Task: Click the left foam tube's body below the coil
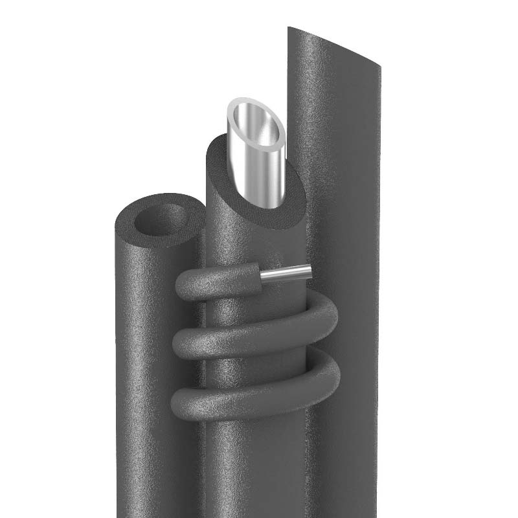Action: [149, 453]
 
